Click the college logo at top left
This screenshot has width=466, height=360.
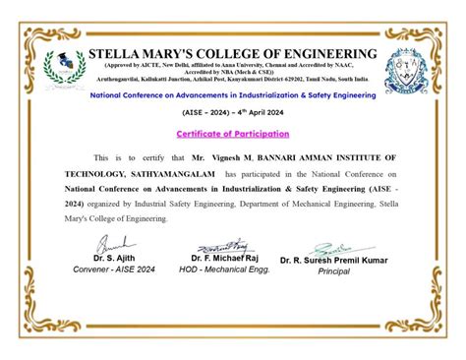click(x=70, y=66)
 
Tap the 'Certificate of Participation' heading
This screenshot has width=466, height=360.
click(x=233, y=133)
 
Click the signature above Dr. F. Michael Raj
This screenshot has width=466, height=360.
click(x=224, y=246)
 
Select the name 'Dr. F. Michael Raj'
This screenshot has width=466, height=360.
click(x=223, y=258)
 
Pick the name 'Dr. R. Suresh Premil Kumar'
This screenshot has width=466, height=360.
click(x=333, y=260)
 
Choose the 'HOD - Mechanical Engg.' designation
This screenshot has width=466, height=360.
click(x=223, y=269)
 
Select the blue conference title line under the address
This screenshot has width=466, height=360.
click(x=233, y=95)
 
